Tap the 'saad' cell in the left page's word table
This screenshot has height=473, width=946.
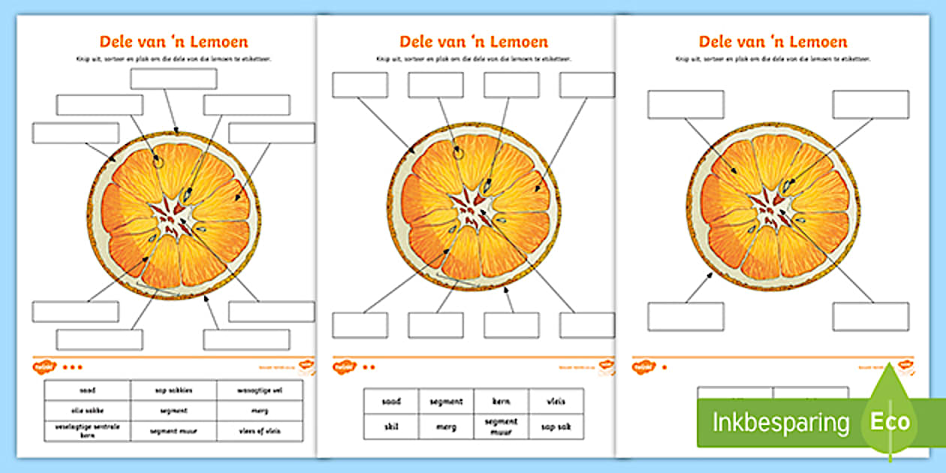tap(87, 390)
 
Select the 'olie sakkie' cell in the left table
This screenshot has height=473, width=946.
tap(87, 411)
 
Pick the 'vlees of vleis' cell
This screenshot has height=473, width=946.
tap(260, 431)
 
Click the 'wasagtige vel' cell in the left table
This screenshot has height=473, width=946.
tap(260, 390)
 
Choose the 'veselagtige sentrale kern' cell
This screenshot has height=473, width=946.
tap(87, 431)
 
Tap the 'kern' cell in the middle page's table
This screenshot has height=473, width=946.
tap(501, 402)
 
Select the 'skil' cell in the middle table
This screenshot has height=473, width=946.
tap(390, 426)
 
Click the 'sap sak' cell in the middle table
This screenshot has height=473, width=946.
tap(556, 426)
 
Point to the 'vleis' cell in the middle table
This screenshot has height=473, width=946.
tap(556, 402)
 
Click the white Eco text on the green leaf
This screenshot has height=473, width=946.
tap(890, 422)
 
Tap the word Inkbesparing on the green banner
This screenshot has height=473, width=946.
tap(780, 423)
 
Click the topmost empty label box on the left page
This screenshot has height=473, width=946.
tap(173, 79)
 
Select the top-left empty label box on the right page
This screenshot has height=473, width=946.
tap(685, 105)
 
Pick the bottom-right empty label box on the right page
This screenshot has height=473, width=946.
tap(870, 317)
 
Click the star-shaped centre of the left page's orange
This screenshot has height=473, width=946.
tap(174, 213)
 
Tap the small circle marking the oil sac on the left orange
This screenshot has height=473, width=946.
tap(158, 160)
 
